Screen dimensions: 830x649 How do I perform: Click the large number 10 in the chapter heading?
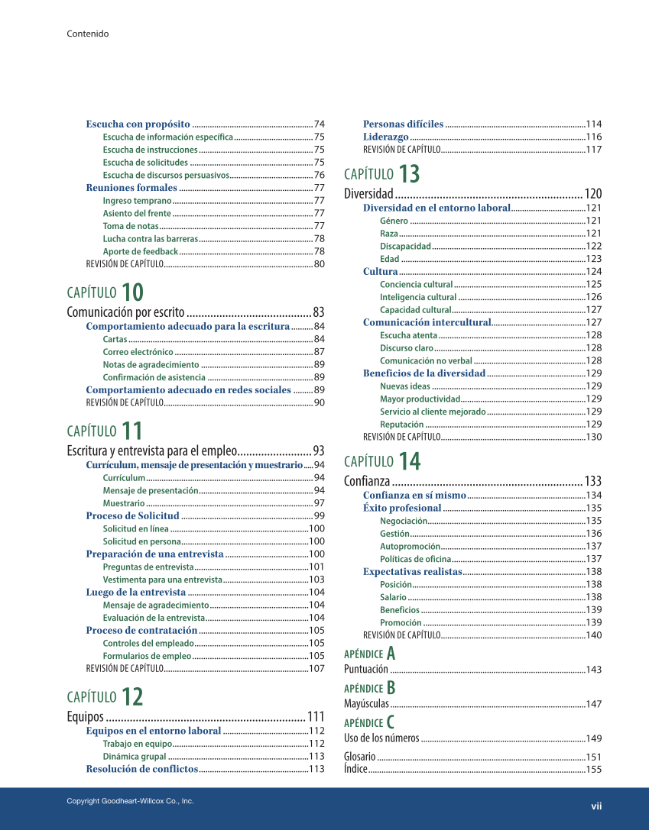(131, 292)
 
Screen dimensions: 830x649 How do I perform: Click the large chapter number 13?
(409, 174)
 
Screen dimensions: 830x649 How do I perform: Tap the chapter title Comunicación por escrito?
(125, 312)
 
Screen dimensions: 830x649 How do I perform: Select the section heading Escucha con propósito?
(138, 124)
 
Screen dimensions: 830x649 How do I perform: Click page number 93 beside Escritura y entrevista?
(319, 451)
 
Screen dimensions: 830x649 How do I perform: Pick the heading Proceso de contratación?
(141, 630)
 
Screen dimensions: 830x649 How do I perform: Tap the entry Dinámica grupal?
(135, 756)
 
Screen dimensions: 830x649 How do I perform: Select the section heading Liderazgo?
(385, 137)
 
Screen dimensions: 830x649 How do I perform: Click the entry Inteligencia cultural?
(418, 297)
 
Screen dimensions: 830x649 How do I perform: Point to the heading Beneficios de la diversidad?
(423, 373)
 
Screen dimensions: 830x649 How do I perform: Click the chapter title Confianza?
(367, 481)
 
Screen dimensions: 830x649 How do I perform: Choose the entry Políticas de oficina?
(416, 559)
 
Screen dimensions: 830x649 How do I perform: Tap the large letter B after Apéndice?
(391, 687)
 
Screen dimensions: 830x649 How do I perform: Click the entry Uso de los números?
(381, 738)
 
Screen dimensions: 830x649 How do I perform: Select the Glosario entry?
(359, 757)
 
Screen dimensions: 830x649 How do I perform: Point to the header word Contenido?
(87, 34)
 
